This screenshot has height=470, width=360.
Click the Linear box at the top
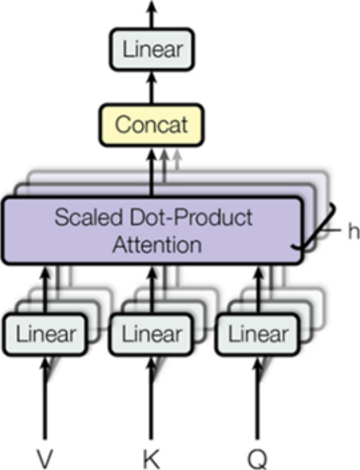[x=152, y=49]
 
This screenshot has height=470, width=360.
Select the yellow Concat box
[x=152, y=124]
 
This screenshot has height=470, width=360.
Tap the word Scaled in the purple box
[x=89, y=217]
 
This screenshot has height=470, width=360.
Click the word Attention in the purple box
[x=156, y=245]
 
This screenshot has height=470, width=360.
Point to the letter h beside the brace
[x=354, y=231]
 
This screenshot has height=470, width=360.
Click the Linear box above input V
[x=45, y=334]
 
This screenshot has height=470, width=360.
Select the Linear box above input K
[x=152, y=334]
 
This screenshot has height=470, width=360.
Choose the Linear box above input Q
[x=258, y=334]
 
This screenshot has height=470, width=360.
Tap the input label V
[x=45, y=459]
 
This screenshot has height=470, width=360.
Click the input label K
[x=151, y=459]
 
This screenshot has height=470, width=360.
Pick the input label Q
[x=258, y=459]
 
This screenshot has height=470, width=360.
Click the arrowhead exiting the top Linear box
[x=152, y=6]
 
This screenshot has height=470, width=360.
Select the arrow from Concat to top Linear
[x=152, y=88]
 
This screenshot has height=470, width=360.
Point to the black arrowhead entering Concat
[x=152, y=155]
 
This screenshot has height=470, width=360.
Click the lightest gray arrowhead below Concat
[x=177, y=155]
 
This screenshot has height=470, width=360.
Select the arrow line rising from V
[x=45, y=398]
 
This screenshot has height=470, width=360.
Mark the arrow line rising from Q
[x=258, y=398]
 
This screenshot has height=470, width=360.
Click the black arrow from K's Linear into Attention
[x=152, y=290]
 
